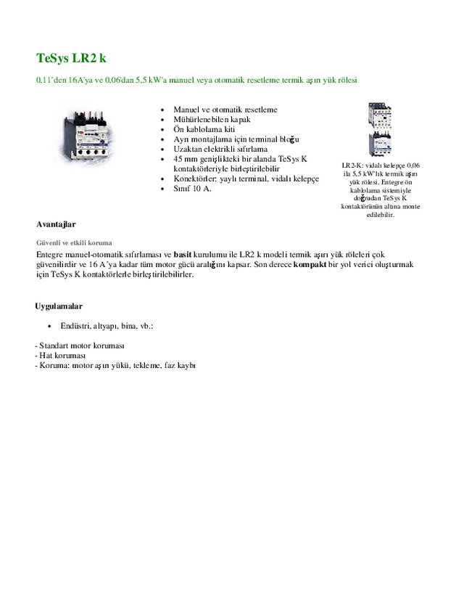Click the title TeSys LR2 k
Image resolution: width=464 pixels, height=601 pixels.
pyautogui.click(x=71, y=57)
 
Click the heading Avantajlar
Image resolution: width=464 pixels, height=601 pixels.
pyautogui.click(x=56, y=224)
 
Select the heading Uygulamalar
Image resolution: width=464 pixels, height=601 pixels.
pyautogui.click(x=59, y=306)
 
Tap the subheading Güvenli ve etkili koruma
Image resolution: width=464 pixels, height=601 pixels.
pyautogui.click(x=73, y=242)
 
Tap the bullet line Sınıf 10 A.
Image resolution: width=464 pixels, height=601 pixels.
pyautogui.click(x=192, y=189)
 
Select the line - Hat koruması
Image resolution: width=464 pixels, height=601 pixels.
pyautogui.click(x=60, y=356)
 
